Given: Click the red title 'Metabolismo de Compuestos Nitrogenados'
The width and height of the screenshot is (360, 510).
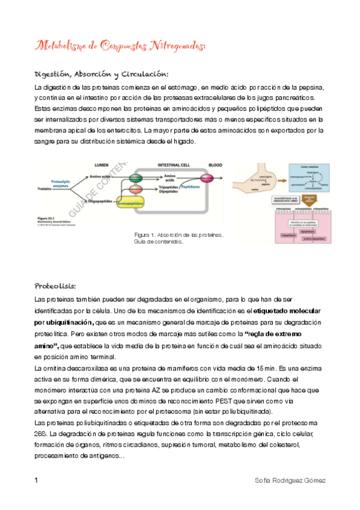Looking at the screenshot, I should click(x=121, y=46).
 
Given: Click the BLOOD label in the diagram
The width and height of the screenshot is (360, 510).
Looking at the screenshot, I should click(x=215, y=165).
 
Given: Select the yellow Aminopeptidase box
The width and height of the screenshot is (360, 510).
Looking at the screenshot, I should click(x=139, y=203).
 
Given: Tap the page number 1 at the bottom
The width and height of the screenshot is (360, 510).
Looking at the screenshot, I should click(x=37, y=481).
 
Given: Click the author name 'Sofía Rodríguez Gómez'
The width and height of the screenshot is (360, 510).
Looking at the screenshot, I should click(x=290, y=481).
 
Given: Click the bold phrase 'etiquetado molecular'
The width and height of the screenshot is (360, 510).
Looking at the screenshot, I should click(x=287, y=311).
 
